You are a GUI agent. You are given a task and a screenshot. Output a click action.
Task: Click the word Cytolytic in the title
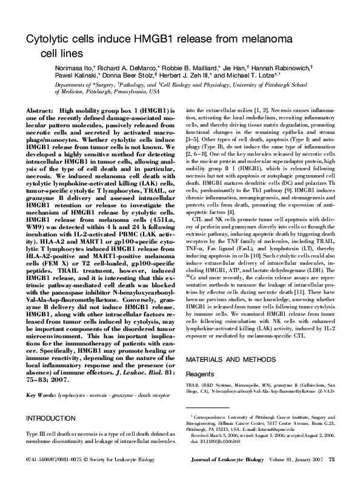click(45, 39)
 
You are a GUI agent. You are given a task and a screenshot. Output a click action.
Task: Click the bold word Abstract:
click(39, 111)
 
